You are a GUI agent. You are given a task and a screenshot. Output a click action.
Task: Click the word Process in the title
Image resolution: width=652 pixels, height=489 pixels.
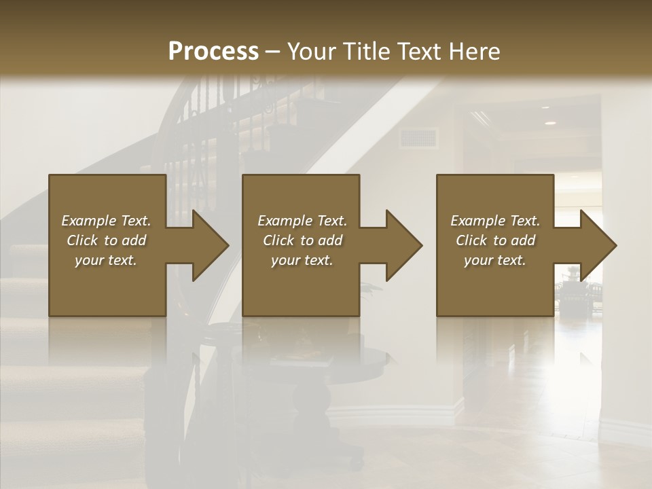[x=213, y=52]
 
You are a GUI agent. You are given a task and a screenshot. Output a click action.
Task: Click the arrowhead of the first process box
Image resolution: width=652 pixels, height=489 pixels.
[x=207, y=245]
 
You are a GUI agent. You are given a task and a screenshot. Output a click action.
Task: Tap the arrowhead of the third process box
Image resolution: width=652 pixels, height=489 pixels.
[x=596, y=245]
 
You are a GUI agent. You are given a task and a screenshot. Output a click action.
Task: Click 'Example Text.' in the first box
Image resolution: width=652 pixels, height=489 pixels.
[x=106, y=221]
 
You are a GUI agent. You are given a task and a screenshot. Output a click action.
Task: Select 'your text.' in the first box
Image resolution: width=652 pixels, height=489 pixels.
[x=106, y=260]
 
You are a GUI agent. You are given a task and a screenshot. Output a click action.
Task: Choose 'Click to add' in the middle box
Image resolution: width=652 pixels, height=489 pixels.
[x=302, y=240]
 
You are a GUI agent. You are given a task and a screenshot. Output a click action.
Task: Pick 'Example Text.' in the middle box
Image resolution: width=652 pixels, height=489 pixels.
[x=302, y=221]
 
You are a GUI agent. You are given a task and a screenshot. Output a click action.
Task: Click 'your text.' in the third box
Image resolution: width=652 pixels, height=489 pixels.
[x=495, y=260]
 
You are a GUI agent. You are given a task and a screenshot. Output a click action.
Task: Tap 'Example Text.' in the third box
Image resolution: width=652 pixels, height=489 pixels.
[x=495, y=221]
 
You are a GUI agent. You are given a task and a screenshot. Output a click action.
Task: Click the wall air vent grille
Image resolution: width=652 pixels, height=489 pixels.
[x=418, y=138]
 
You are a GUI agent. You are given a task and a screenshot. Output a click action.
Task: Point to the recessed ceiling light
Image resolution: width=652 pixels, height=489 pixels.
[x=549, y=123]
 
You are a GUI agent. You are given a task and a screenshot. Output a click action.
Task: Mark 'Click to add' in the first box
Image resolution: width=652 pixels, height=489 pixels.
[x=106, y=240]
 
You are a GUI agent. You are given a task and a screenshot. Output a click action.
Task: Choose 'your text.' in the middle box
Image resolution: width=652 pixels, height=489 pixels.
[x=302, y=260]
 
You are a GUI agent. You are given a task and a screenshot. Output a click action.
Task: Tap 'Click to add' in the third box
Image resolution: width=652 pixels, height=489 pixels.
[x=495, y=240]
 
